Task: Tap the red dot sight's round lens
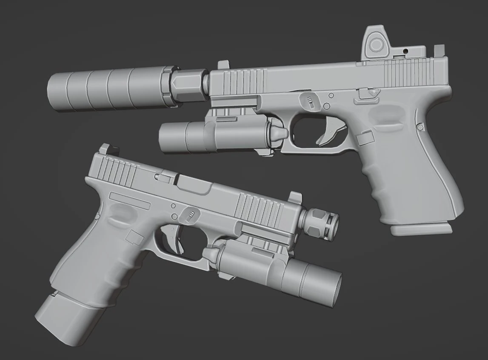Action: tap(376, 44)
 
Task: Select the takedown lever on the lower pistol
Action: tap(190, 214)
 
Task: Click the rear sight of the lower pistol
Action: tap(104, 150)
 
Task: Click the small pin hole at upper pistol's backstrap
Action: tap(420, 127)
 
